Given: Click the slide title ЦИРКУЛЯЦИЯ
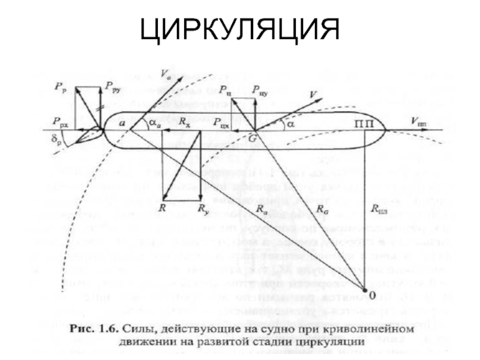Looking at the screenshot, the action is pyautogui.click(x=240, y=30).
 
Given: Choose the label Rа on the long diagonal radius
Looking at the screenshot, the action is pyautogui.click(x=262, y=209).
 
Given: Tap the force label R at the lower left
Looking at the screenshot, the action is pyautogui.click(x=162, y=208).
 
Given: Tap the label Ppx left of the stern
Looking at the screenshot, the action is pyautogui.click(x=61, y=120).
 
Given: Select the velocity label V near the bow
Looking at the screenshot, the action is pyautogui.click(x=313, y=94).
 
